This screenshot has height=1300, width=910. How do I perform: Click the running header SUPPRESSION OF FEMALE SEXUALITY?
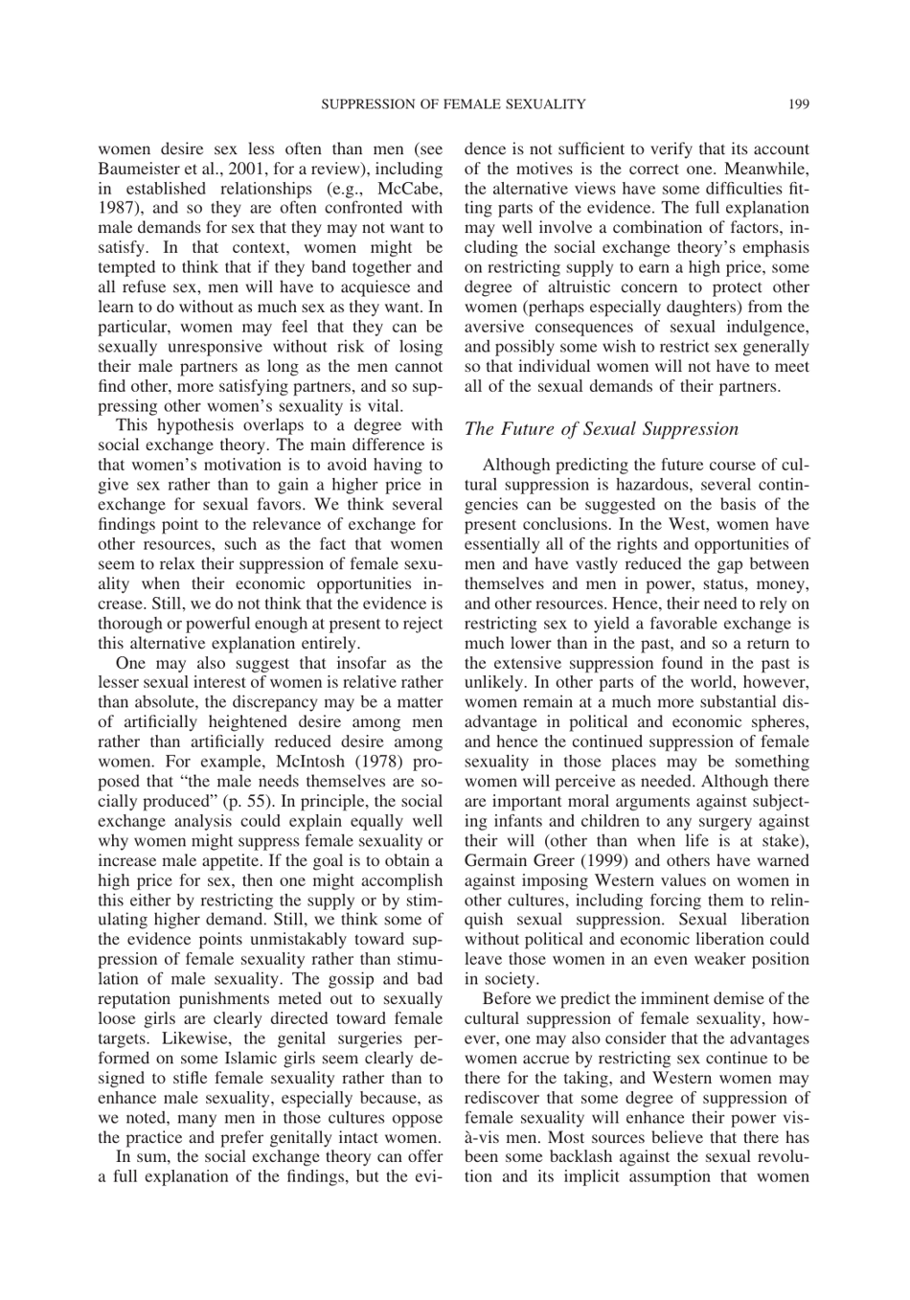(453, 103)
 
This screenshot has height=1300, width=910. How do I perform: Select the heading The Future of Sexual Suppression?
(602, 428)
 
